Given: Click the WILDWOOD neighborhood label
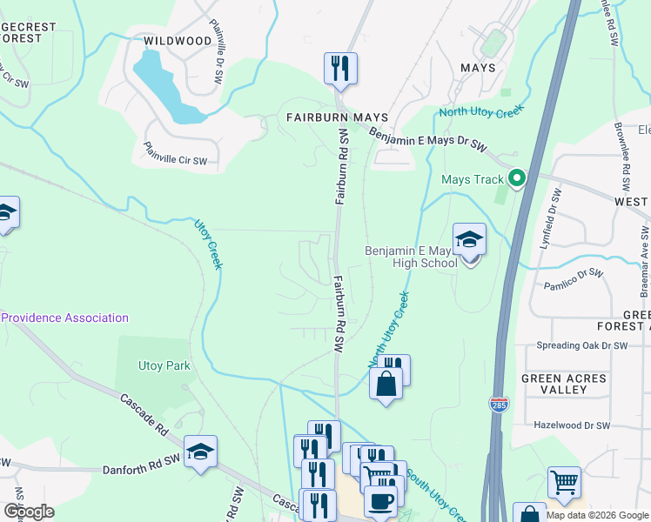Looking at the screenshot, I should [x=177, y=41].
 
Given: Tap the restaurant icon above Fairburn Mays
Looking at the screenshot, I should [x=340, y=68].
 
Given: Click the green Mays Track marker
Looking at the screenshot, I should [x=517, y=179].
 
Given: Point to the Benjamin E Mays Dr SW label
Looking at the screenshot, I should [x=426, y=140].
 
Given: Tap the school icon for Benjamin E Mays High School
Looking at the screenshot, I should [x=469, y=239].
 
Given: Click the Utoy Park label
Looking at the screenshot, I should [x=164, y=366].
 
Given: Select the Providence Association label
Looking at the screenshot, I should [x=65, y=318].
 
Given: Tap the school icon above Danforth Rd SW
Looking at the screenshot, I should [x=200, y=452].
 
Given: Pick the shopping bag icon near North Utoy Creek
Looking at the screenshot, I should [x=386, y=384].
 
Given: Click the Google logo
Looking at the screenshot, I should [x=29, y=512].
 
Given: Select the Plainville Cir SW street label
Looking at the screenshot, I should [x=175, y=154].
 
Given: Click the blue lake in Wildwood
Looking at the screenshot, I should [x=165, y=87].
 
